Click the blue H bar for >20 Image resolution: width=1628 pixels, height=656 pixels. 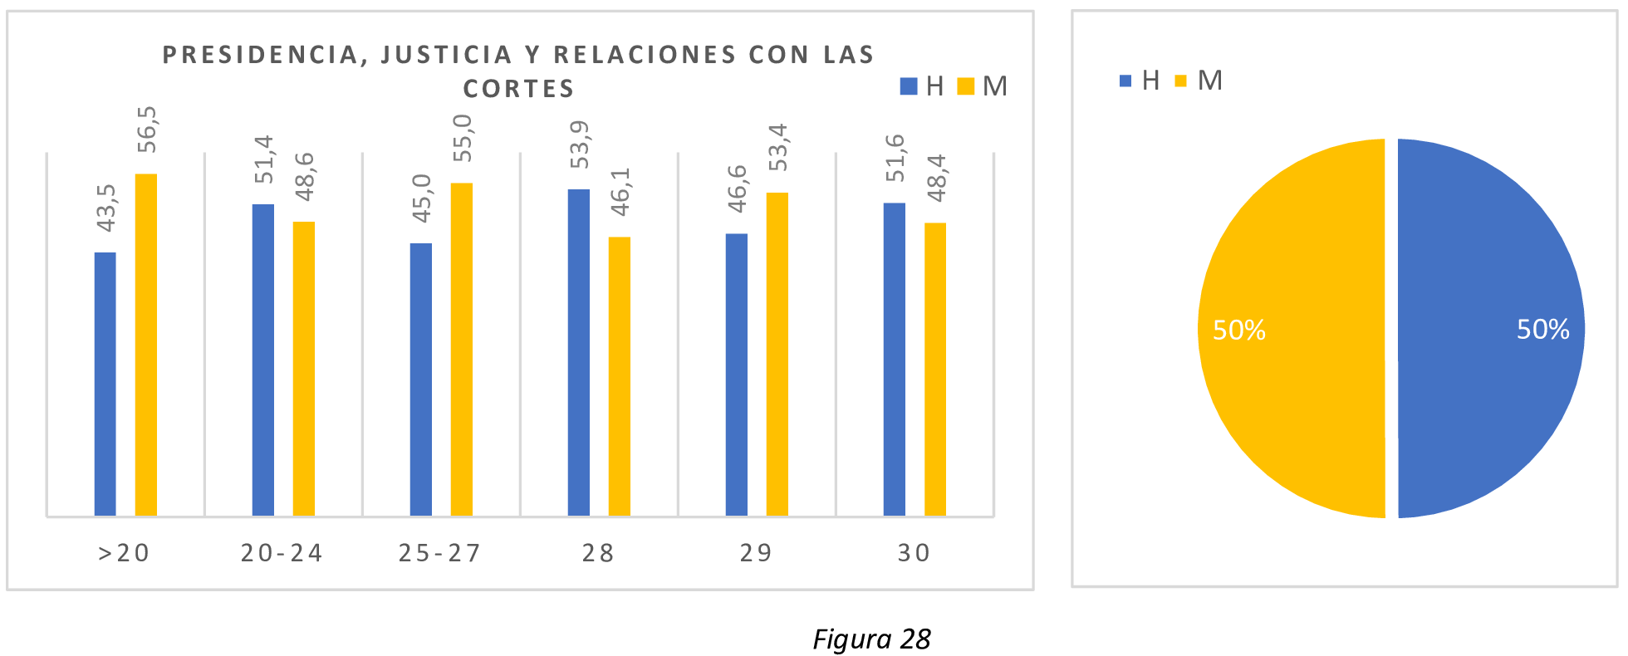point(105,384)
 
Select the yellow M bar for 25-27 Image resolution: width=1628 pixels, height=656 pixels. point(462,349)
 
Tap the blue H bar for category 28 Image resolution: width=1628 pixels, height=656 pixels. point(579,352)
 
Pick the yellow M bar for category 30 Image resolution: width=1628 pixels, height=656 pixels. point(935,369)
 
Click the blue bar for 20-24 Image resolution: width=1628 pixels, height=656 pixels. point(263,360)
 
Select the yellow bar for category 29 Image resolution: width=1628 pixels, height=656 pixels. point(777,354)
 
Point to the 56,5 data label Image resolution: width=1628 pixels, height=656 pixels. point(147,130)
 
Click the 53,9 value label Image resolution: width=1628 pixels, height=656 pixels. point(579,144)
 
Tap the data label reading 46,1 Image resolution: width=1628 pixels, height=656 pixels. point(620,192)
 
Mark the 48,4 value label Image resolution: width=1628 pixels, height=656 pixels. point(936,178)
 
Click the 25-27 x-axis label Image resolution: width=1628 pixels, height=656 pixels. point(439,553)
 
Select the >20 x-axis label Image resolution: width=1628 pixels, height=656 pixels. point(124,553)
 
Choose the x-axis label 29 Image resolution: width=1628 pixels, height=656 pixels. point(756,553)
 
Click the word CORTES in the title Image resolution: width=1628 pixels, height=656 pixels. point(518,89)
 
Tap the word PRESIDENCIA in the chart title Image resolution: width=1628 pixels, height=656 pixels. point(260,55)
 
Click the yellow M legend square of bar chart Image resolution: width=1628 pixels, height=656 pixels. point(965,86)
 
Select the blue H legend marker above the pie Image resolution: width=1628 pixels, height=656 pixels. point(1125,81)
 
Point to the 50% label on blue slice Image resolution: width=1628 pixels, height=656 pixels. point(1542,330)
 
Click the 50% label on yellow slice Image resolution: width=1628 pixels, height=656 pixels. point(1238,330)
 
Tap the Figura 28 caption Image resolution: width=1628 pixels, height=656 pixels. point(871,639)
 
